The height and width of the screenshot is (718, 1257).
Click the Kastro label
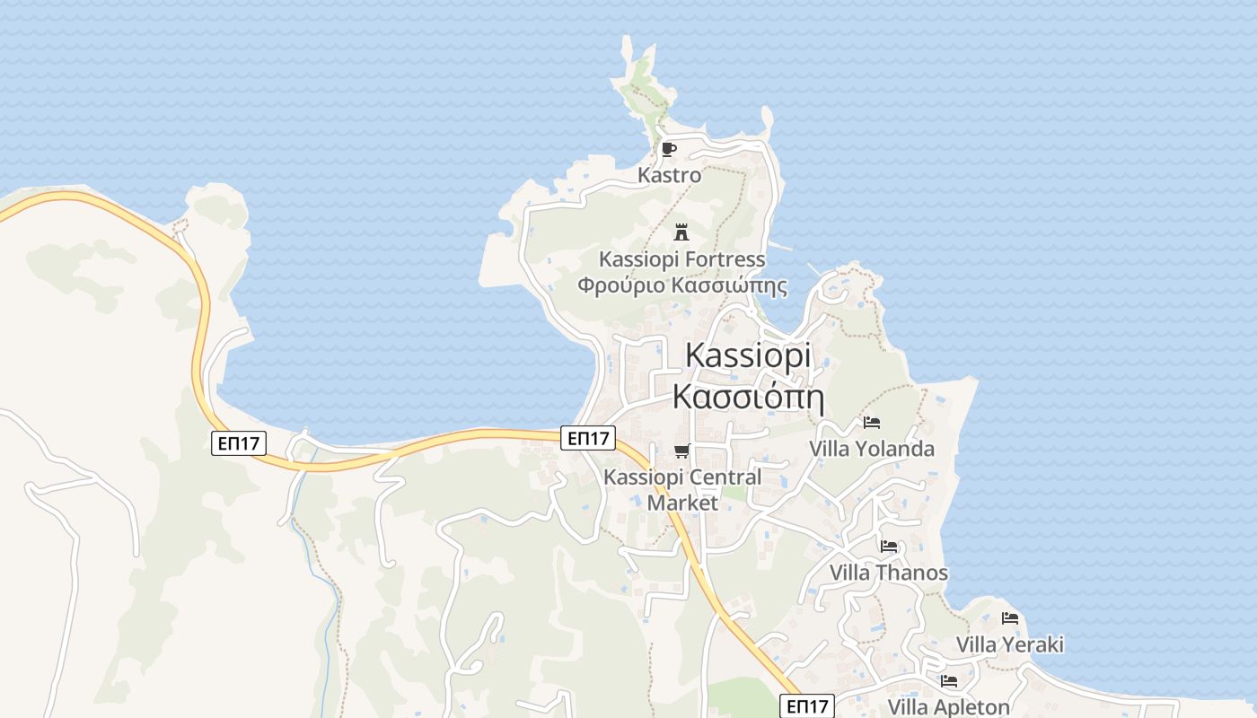(x=669, y=175)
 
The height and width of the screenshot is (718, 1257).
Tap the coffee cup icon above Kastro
(x=668, y=149)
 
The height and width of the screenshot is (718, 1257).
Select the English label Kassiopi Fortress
(x=681, y=259)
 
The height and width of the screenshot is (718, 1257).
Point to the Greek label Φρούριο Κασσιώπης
(x=681, y=286)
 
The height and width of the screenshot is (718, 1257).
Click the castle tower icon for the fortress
(x=681, y=232)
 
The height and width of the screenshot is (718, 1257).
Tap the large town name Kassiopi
(x=747, y=355)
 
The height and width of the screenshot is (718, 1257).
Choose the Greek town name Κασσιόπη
(x=747, y=396)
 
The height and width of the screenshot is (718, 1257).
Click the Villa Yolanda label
(x=872, y=449)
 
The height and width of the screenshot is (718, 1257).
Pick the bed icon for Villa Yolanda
(x=871, y=422)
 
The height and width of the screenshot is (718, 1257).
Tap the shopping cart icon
(x=682, y=451)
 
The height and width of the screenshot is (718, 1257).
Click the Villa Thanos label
(x=888, y=573)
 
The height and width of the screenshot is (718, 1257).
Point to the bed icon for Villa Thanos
(x=889, y=546)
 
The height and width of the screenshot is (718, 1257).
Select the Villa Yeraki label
(x=1009, y=644)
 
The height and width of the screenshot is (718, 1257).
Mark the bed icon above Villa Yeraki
(x=1010, y=617)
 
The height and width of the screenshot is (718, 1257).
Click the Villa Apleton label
(x=948, y=706)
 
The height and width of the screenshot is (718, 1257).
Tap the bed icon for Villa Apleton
(x=949, y=681)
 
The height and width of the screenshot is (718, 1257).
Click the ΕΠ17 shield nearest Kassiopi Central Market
(x=589, y=438)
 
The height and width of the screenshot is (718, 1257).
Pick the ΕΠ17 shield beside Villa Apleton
(x=806, y=706)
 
